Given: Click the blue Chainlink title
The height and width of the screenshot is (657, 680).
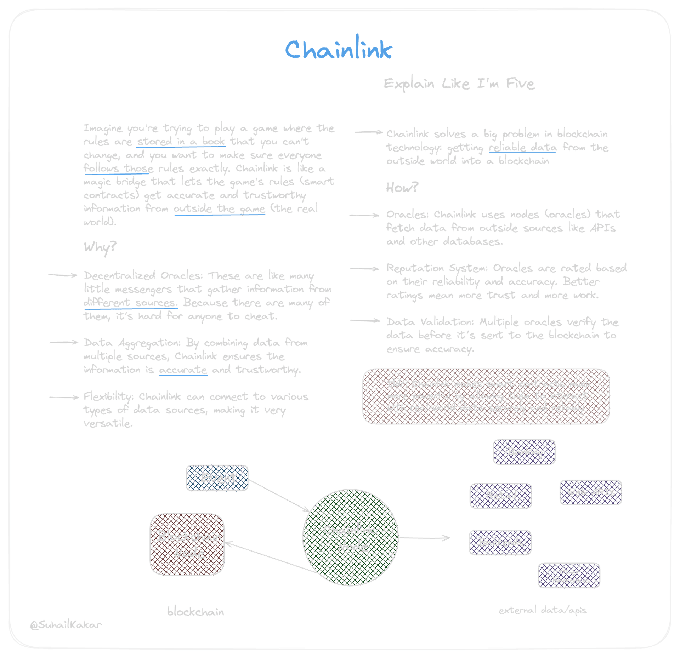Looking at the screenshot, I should pos(339,50).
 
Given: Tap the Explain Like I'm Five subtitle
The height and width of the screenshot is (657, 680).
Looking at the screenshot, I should pos(459,84).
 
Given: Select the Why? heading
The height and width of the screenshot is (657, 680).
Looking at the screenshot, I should pos(100,247).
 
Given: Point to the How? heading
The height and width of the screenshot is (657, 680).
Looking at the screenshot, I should pos(402,187).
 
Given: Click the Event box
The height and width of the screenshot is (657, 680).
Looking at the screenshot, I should pos(217,478).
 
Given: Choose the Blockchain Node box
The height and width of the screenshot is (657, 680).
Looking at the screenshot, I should pos(187,544).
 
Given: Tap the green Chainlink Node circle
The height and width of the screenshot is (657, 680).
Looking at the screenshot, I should pos(350,538).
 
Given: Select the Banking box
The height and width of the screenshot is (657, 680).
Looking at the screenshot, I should pos(525,452).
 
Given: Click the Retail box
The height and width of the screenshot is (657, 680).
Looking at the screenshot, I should pos(501,495).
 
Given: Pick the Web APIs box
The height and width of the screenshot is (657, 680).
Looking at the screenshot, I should pos(591,492).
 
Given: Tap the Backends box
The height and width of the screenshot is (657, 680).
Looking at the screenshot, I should pos(500,542).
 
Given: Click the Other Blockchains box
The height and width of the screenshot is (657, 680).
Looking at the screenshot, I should pos(569,576).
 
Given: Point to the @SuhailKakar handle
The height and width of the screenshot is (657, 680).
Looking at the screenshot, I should pos(66,624).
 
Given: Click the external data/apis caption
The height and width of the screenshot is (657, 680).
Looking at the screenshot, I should pos(543,610).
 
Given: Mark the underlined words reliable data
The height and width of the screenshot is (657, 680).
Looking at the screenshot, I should pos(522,148).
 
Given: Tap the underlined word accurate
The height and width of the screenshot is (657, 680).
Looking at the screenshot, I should pos(183,370).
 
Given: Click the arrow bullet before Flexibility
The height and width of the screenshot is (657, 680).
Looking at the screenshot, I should pos(64,398).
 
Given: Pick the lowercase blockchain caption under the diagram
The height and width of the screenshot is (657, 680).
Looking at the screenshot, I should pos(195,611).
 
